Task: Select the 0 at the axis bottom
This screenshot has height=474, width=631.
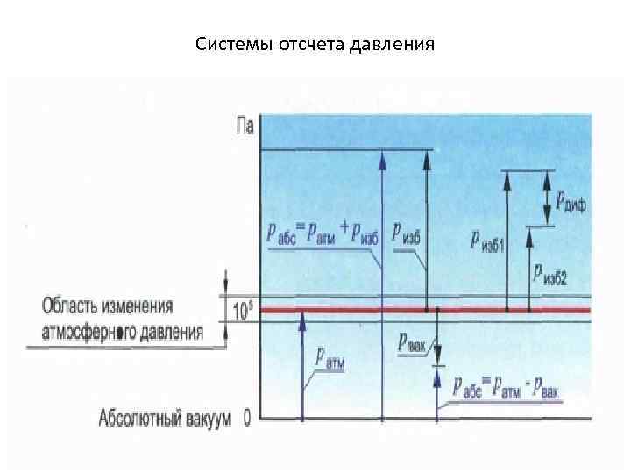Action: (x=247, y=418)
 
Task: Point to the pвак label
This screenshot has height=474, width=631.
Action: (x=411, y=342)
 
